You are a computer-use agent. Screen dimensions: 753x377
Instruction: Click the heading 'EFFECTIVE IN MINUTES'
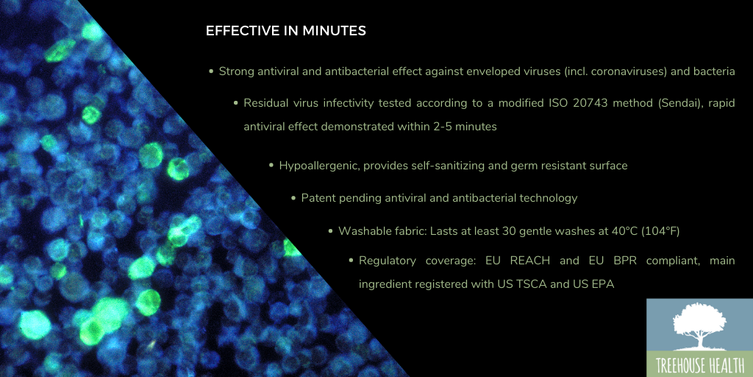(286, 31)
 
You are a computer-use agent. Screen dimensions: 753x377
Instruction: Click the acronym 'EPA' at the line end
(604, 285)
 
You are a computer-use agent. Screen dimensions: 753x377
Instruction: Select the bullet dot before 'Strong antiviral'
(211, 71)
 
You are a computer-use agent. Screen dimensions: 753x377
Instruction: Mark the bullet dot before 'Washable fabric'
(330, 230)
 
